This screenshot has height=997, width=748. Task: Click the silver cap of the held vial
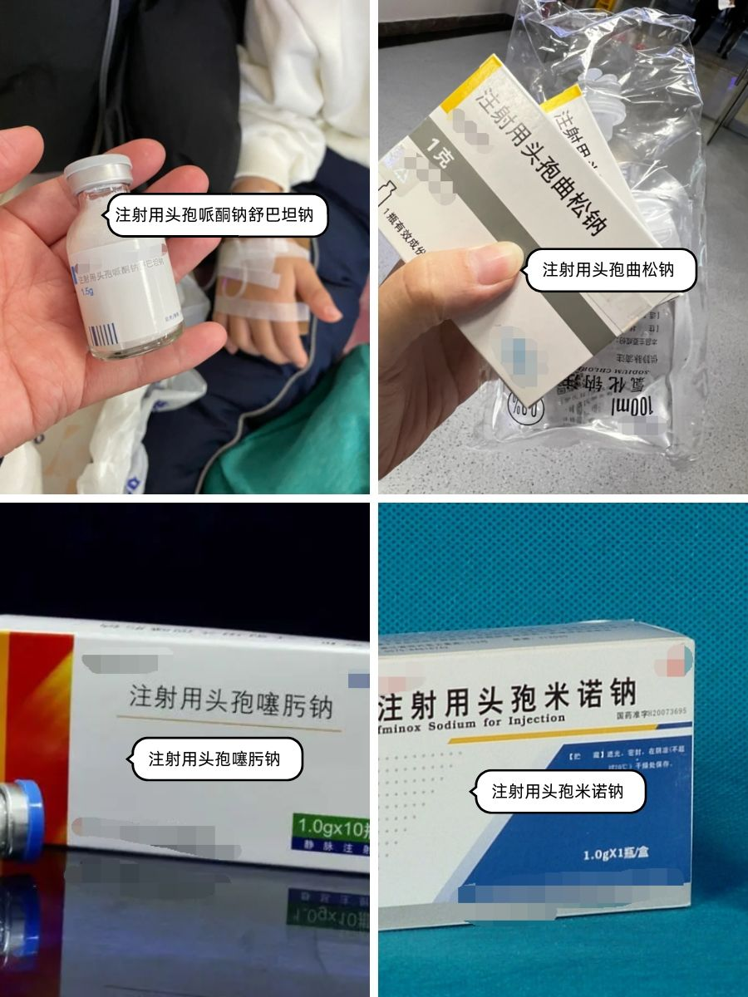(98, 172)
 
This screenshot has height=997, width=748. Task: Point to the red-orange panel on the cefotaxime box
(37, 723)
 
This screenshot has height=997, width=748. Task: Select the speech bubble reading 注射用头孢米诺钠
(558, 791)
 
